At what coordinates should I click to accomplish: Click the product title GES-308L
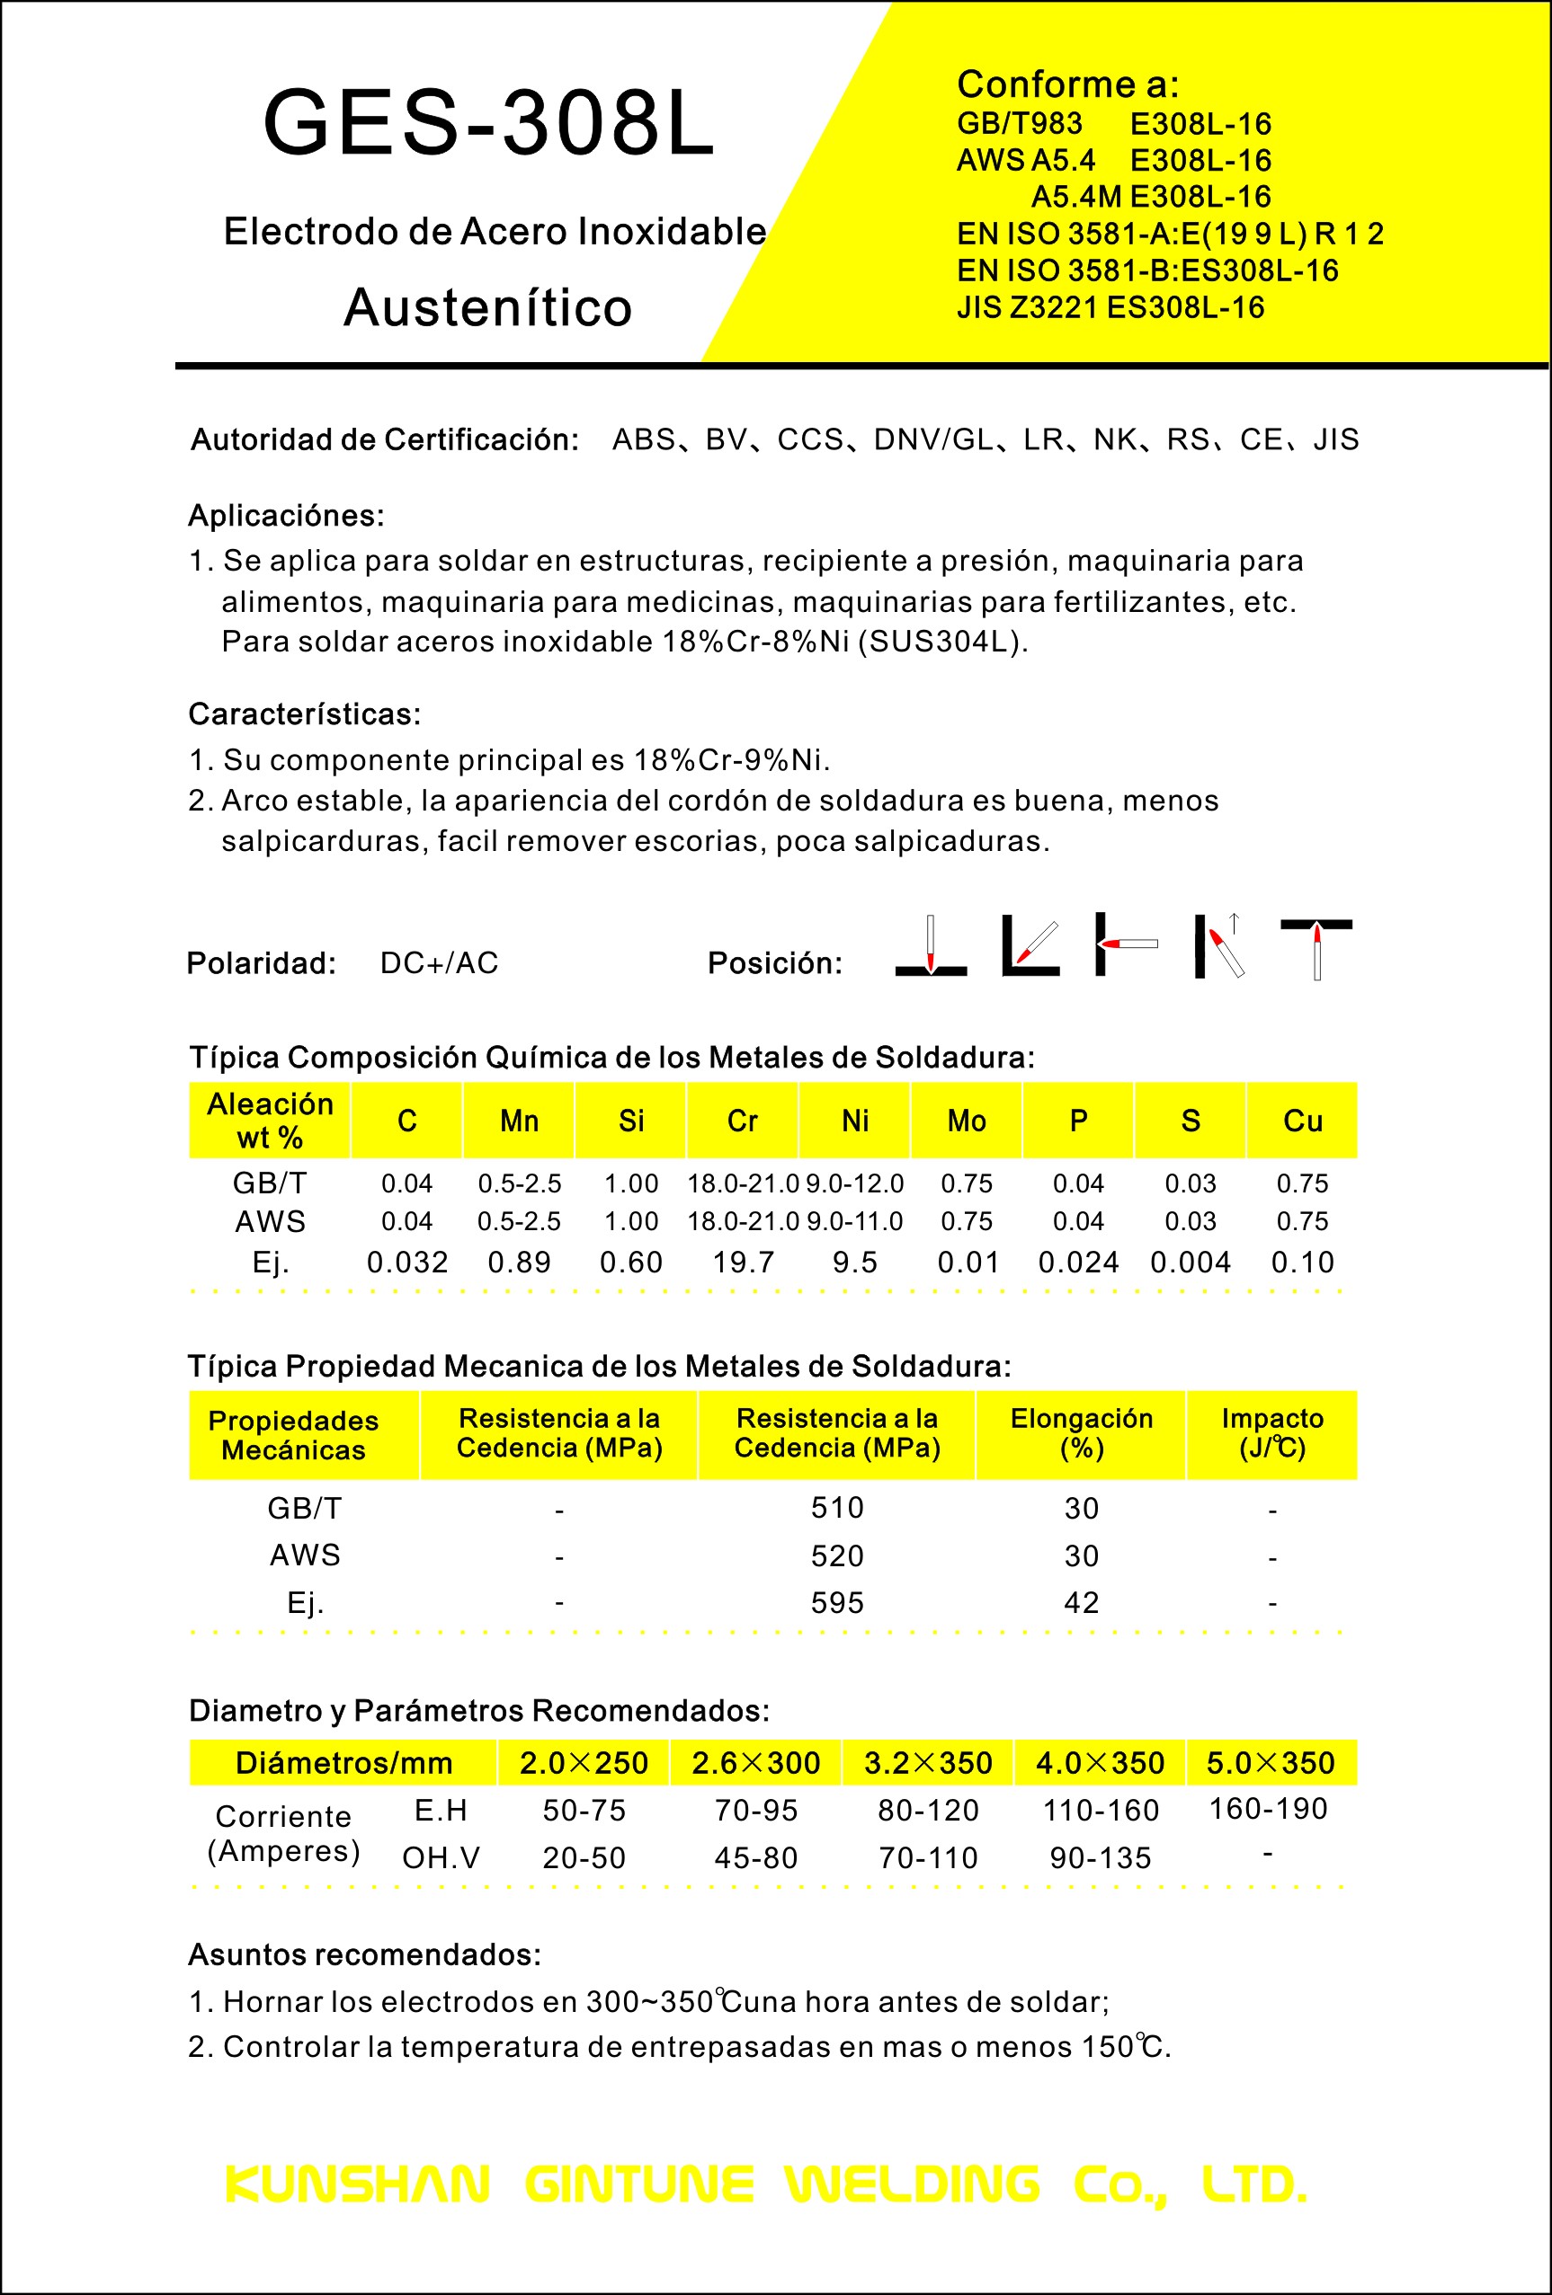click(x=488, y=123)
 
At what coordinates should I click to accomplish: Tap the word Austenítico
click(x=488, y=307)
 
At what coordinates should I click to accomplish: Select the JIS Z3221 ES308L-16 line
click(x=1110, y=308)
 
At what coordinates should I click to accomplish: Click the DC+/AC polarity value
click(x=440, y=962)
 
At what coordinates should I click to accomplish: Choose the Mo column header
click(x=966, y=1121)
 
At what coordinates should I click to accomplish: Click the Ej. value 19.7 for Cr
click(x=743, y=1262)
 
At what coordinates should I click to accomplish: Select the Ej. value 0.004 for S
click(x=1191, y=1262)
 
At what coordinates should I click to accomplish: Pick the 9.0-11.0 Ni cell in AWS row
click(x=854, y=1221)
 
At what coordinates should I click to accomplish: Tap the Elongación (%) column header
click(x=1081, y=1434)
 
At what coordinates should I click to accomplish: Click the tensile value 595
click(x=837, y=1603)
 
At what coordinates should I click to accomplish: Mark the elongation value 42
click(x=1081, y=1603)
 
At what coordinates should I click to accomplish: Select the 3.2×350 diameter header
click(x=928, y=1763)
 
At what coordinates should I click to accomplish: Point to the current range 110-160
click(x=1101, y=1810)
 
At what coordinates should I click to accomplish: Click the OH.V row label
click(x=441, y=1857)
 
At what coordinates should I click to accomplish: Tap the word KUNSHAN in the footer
click(x=358, y=2184)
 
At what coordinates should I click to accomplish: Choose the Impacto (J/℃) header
click(x=1272, y=1434)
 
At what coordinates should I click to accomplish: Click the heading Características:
click(x=304, y=714)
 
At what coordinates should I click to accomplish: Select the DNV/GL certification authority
click(x=933, y=439)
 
